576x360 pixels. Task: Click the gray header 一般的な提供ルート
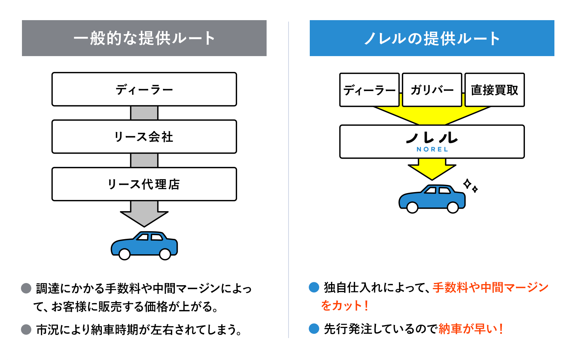pos(144,38)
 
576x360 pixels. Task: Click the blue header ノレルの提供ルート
pos(432,38)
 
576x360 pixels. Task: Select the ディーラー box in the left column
pos(144,90)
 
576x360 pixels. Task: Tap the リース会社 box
pos(144,137)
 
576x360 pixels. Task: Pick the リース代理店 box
pos(144,184)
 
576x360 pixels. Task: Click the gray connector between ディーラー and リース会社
pos(144,113)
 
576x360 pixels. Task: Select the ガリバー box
pos(432,90)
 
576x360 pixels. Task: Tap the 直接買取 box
pos(494,90)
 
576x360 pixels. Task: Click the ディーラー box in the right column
pos(369,90)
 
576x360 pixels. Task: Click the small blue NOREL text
pos(432,149)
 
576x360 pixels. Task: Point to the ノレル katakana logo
pos(432,137)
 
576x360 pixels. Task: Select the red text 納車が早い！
pos(470,329)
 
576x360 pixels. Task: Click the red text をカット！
pos(345,306)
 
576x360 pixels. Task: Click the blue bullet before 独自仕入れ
pos(314,287)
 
